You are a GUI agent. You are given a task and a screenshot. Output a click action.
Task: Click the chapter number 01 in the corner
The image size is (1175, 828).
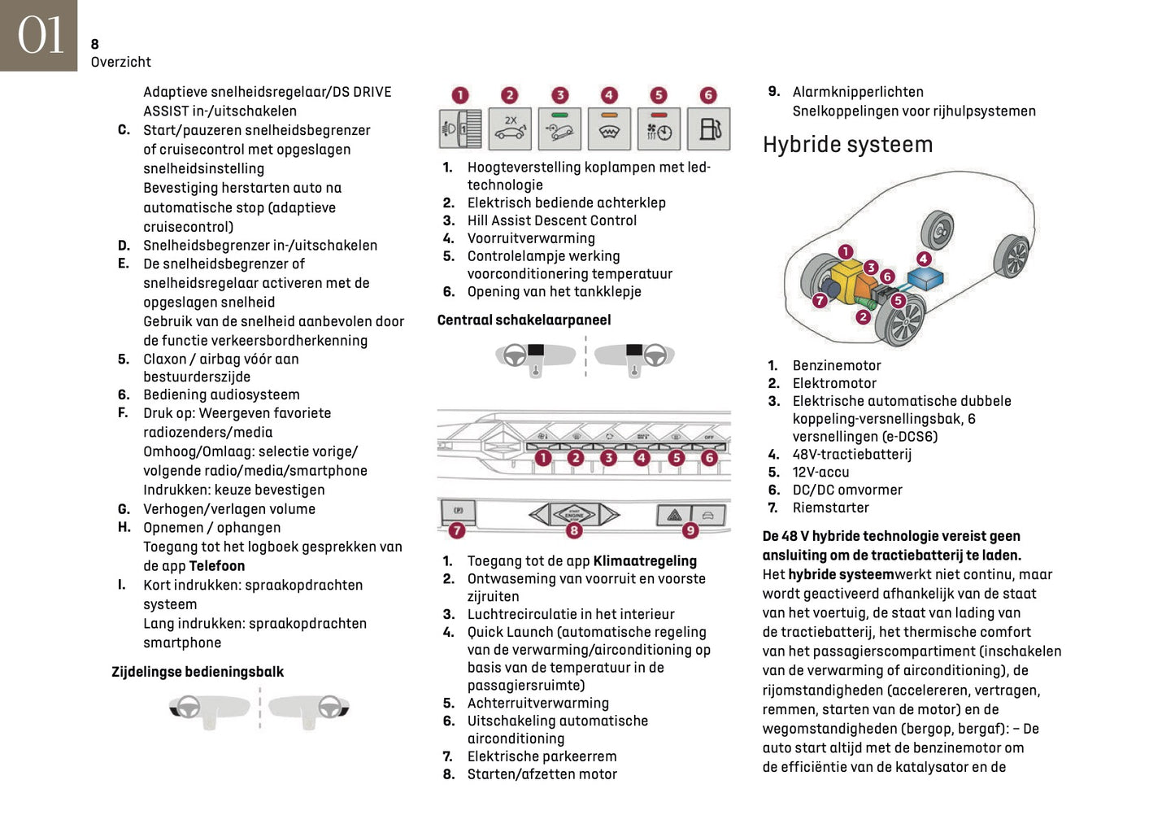click(x=39, y=36)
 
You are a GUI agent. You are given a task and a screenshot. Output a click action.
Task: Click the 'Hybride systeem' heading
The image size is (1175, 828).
click(x=847, y=145)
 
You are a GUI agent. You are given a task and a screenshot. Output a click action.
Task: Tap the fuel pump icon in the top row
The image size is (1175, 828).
click(x=708, y=129)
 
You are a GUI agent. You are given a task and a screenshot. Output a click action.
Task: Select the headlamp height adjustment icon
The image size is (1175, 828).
click(x=460, y=129)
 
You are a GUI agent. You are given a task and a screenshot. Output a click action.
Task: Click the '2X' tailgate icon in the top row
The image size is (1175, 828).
click(x=510, y=129)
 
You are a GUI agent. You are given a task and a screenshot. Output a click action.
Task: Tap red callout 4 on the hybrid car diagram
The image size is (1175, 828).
click(x=924, y=259)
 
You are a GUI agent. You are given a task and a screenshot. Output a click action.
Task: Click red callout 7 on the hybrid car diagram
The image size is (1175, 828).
click(x=820, y=301)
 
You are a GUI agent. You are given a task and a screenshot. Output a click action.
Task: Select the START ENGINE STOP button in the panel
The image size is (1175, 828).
click(x=574, y=514)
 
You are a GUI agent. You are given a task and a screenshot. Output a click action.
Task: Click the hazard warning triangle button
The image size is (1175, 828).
click(x=674, y=515)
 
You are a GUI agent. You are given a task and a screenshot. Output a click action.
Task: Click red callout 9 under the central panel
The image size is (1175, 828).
click(x=690, y=530)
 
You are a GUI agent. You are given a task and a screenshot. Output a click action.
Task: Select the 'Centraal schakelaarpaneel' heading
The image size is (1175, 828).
click(x=524, y=320)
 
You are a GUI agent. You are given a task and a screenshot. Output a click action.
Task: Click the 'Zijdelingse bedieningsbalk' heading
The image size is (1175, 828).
click(x=198, y=672)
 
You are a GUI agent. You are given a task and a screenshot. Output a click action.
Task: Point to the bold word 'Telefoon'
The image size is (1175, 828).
click(x=217, y=566)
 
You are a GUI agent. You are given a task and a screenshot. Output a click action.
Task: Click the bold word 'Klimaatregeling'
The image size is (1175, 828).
click(x=645, y=561)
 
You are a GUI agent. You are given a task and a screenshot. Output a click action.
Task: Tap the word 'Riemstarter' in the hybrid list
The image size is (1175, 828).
click(x=830, y=508)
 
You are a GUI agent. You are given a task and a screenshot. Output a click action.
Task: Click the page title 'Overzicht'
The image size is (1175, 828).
click(x=120, y=62)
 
